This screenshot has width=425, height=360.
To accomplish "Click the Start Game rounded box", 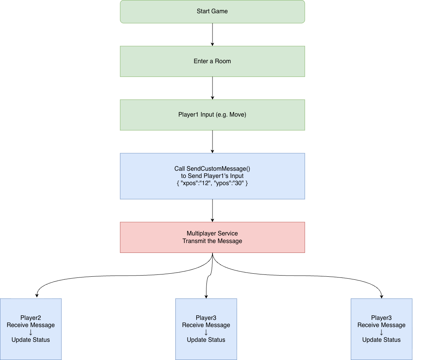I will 212,11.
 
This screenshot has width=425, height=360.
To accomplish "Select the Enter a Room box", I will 212,61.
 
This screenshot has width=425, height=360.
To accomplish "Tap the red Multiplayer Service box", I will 212,237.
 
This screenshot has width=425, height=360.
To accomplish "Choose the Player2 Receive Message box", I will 31,329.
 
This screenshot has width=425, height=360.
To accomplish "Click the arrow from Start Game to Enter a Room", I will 212,34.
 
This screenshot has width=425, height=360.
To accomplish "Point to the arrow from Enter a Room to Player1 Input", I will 212,88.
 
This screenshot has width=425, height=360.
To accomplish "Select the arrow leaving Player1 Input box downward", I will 212,142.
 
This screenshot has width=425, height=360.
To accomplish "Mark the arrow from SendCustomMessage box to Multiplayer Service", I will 212,210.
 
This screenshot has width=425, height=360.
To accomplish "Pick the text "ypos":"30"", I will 229,183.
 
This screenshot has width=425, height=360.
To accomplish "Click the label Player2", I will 31,318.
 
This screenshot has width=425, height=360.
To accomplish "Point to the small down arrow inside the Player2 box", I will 31,332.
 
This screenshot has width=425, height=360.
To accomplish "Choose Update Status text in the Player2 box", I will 31,340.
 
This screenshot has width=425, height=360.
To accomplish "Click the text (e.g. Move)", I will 231,115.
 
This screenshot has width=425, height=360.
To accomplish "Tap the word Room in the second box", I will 223,61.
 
